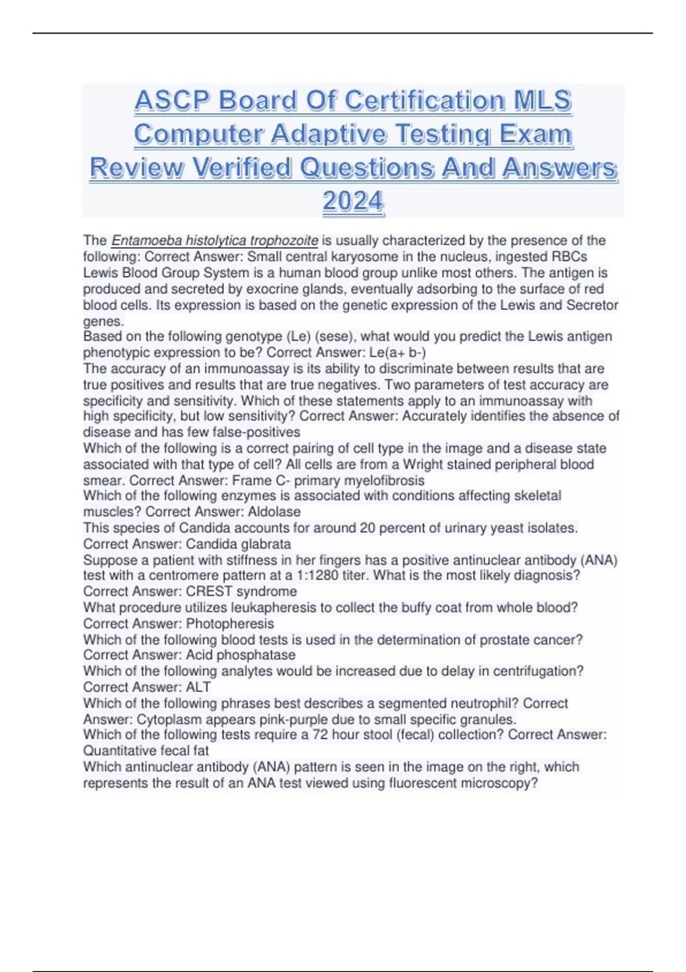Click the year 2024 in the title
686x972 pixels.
point(353,201)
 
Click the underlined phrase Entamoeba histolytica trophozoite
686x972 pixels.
point(214,240)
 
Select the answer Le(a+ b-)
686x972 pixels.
point(397,352)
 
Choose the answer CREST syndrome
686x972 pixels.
point(241,591)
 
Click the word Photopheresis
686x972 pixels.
point(230,624)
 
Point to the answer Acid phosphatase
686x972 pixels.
point(241,655)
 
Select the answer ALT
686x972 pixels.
point(198,687)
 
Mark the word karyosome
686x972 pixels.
point(362,257)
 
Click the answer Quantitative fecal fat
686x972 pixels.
point(146,751)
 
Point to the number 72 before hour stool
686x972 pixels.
point(320,735)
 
